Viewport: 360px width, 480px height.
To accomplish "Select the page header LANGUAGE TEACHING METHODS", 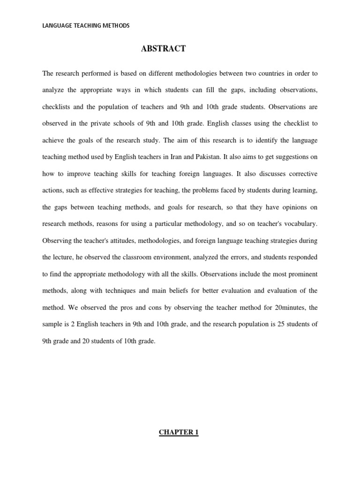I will tap(85, 26).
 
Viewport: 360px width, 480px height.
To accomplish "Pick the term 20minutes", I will tap(286, 307).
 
